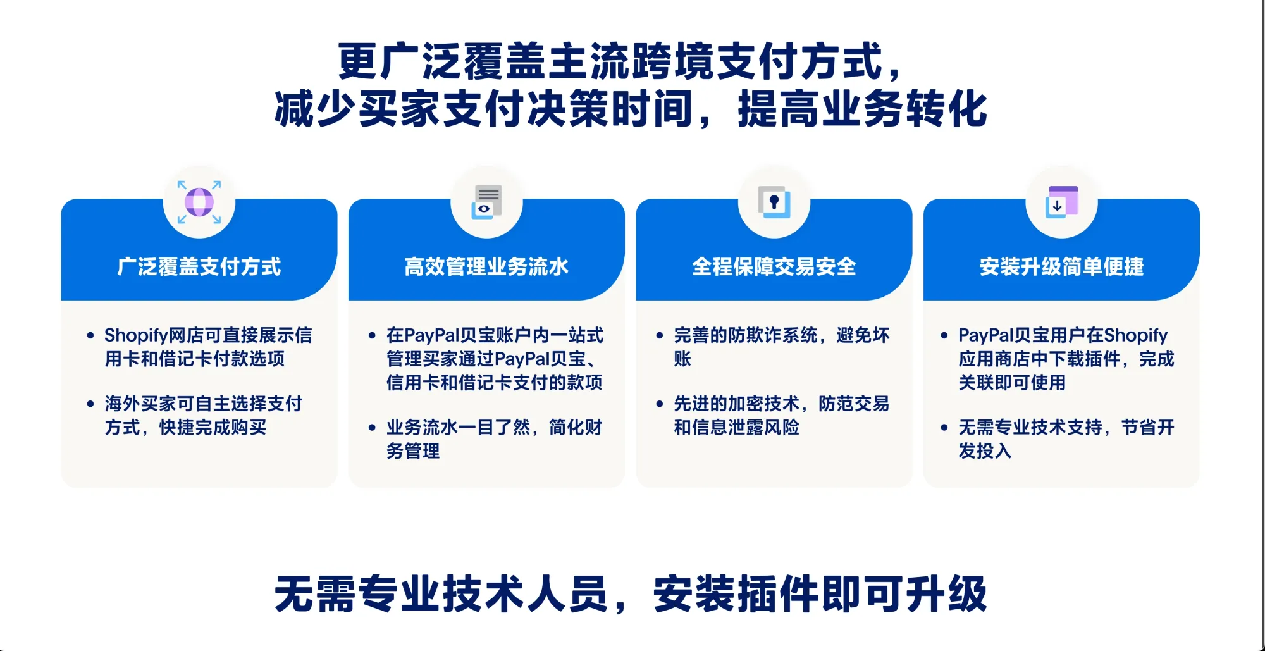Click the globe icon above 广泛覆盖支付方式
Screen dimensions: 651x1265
click(199, 202)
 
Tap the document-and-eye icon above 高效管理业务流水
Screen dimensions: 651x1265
click(486, 202)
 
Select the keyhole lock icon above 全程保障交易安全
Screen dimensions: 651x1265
click(774, 202)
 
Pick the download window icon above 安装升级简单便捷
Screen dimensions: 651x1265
click(1061, 202)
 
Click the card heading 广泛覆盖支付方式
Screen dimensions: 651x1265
click(199, 267)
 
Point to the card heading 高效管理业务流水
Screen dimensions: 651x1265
click(486, 267)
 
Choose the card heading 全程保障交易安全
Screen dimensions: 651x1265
click(774, 267)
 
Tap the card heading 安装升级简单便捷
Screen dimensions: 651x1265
click(1061, 267)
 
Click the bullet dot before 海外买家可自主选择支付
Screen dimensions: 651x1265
click(90, 404)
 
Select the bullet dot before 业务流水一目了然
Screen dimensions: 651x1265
click(372, 428)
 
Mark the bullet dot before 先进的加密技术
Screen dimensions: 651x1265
click(660, 404)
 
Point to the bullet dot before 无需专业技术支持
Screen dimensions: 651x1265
click(944, 428)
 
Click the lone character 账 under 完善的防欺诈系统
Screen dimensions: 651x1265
click(682, 359)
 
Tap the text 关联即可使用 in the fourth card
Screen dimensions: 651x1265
click(1012, 383)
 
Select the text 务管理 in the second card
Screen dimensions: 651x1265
click(413, 451)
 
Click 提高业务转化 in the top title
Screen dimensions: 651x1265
click(862, 109)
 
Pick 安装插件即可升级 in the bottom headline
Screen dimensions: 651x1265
click(820, 594)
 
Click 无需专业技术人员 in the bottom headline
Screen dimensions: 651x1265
click(441, 594)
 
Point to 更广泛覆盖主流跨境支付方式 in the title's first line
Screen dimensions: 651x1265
click(610, 61)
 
